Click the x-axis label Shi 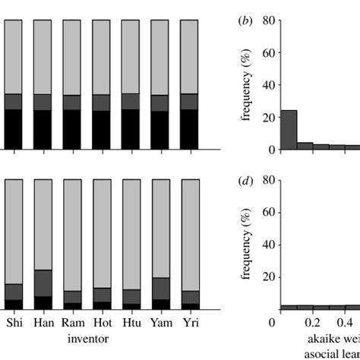tap(14, 322)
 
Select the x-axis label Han tap(43, 322)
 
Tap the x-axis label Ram tap(72, 322)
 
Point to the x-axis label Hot tap(101, 322)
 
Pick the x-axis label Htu tap(131, 322)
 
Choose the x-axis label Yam tap(159, 322)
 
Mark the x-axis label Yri tap(189, 322)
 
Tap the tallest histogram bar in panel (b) tap(289, 130)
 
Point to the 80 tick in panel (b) tap(267, 21)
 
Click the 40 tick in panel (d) tap(267, 245)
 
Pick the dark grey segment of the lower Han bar tap(43, 283)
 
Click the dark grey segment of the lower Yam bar tap(159, 289)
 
